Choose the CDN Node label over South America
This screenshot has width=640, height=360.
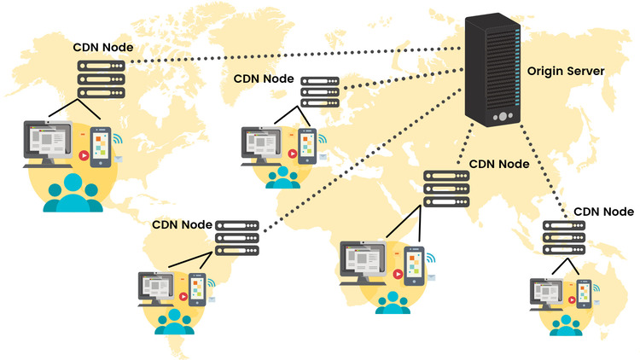[182, 225]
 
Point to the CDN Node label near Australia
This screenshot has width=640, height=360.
[603, 211]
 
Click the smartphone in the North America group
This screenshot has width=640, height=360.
[101, 146]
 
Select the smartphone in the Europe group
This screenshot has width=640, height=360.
[305, 146]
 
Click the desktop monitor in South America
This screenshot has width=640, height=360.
[159, 289]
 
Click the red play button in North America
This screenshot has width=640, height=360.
[84, 156]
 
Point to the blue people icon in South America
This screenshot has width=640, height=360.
[175, 320]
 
